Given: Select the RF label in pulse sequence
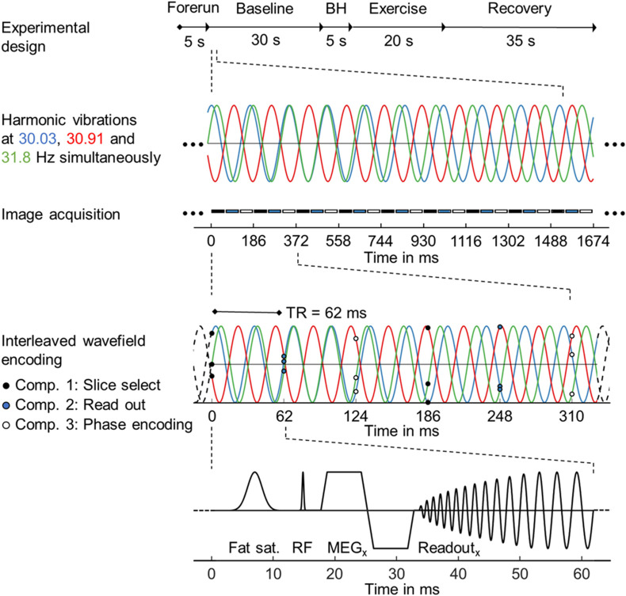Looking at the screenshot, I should pyautogui.click(x=302, y=546).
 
